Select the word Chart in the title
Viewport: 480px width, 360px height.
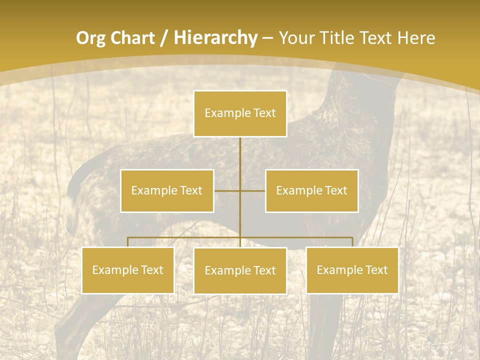point(130,38)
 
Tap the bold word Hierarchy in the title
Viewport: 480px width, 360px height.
point(215,38)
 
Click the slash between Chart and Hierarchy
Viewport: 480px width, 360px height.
point(164,38)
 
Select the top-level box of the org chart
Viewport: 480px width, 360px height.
point(240,113)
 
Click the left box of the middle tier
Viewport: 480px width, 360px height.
point(167,190)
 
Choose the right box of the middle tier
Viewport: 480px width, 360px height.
point(311,190)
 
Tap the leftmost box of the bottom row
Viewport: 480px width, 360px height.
point(128,270)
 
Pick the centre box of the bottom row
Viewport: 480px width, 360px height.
point(240,271)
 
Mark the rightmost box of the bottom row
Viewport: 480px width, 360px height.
point(352,270)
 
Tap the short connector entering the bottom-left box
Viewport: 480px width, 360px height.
point(128,242)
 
